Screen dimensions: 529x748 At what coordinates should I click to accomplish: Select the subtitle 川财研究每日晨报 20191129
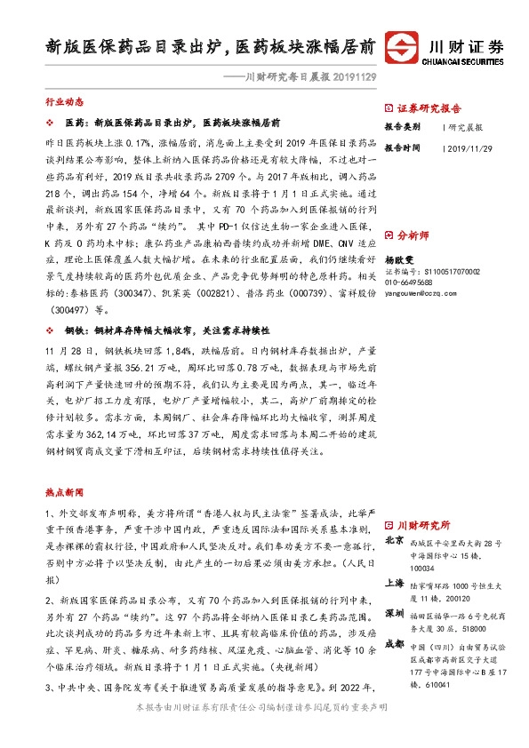pyautogui.click(x=298, y=79)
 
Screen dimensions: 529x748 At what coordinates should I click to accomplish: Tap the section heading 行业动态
pyautogui.click(x=60, y=103)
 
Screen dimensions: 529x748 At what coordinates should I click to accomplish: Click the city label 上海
pyautogui.click(x=394, y=583)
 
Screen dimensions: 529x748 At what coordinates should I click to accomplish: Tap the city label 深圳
pyautogui.click(x=394, y=613)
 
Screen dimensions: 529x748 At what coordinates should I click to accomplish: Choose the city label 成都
pyautogui.click(x=394, y=646)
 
